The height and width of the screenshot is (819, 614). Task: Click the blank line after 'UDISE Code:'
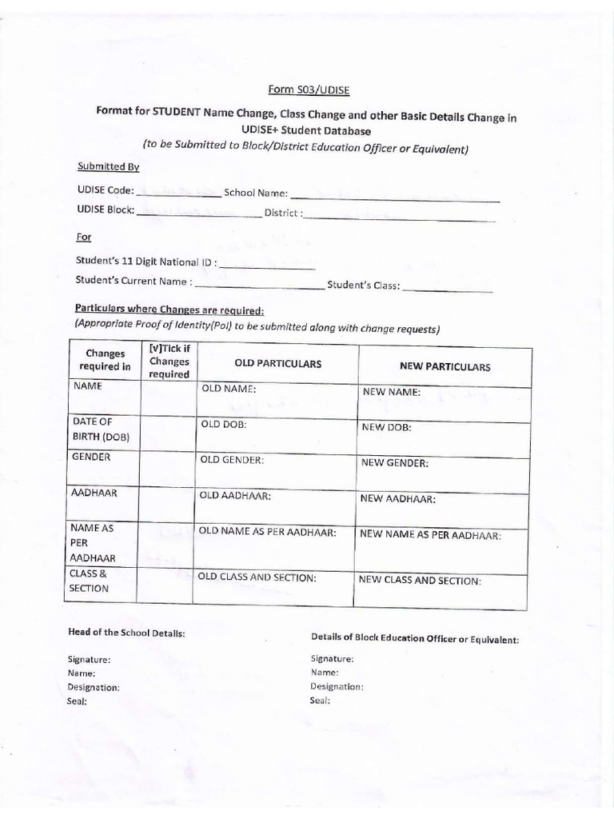coord(179,194)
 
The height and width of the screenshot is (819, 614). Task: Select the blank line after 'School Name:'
coord(395,197)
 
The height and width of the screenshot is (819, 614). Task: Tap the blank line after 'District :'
coord(399,217)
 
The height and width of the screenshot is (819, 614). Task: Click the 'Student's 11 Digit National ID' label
coord(145,262)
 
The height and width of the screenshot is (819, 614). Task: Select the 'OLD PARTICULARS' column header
coord(277,364)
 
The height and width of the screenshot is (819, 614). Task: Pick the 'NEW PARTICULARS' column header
coord(445,366)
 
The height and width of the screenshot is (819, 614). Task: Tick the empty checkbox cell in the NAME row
coord(168,398)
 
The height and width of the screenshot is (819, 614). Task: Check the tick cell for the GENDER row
coord(168,468)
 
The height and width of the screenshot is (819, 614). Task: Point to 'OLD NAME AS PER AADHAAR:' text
coord(267,532)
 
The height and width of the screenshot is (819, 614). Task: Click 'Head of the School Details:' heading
coord(127,633)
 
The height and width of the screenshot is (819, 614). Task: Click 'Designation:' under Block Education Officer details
coord(337,686)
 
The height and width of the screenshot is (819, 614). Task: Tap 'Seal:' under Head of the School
coord(78,701)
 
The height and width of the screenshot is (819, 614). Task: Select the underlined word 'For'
coord(84,238)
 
